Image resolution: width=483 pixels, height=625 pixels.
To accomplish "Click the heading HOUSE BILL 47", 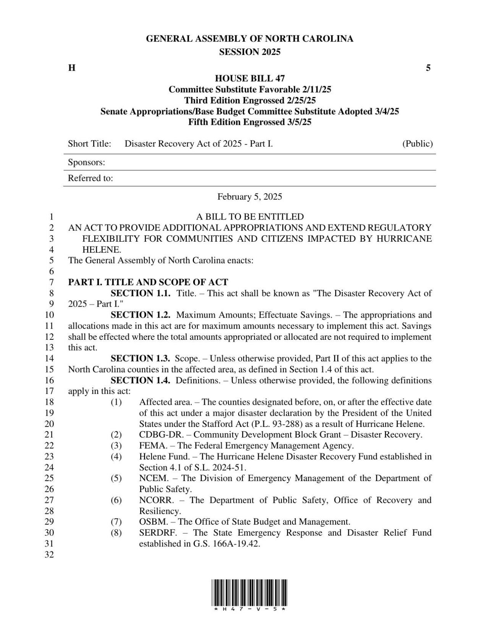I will tap(250, 79).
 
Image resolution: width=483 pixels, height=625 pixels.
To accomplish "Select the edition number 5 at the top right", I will tap(428, 68).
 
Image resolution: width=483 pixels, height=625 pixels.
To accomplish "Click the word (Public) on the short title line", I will tap(417, 144).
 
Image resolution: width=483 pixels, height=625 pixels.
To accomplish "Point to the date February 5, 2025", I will tap(250, 197).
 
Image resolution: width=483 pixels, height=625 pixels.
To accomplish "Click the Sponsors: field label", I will tap(86, 162).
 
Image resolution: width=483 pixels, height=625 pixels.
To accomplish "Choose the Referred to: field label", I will tap(90, 178).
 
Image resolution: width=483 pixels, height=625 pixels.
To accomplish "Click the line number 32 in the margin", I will tap(50, 555).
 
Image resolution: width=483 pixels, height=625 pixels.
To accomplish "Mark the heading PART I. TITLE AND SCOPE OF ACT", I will tap(148, 283).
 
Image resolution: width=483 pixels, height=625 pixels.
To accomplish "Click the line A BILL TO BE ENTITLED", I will tap(250, 217).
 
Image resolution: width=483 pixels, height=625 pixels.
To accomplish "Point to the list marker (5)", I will tap(116, 478).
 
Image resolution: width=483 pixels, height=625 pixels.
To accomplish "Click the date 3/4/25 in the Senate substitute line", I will tap(385, 111).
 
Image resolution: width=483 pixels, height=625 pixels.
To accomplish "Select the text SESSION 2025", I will tap(250, 52).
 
